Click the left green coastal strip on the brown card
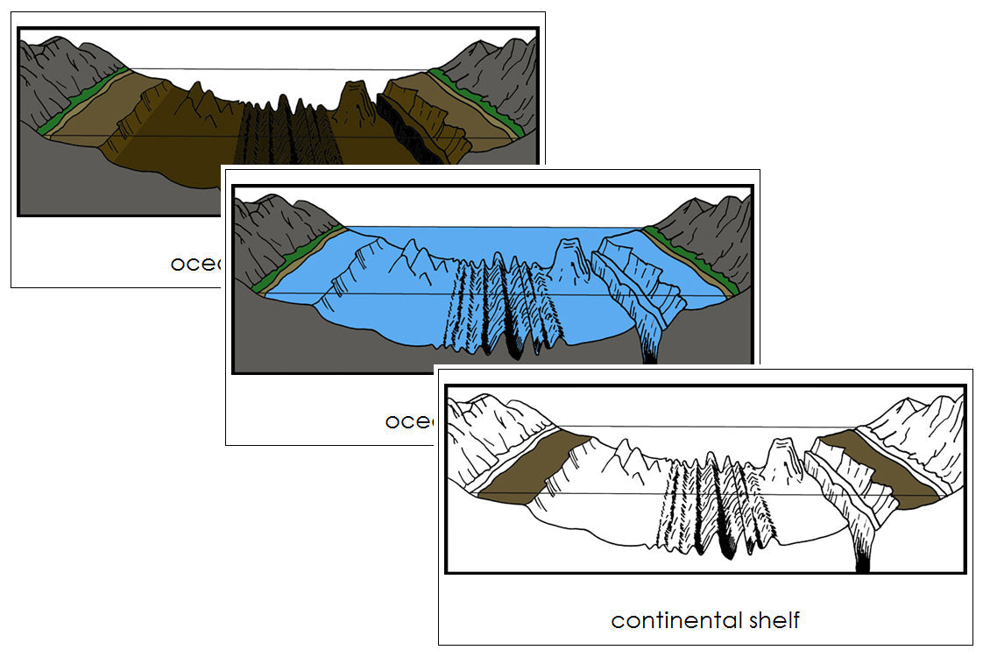pyautogui.click(x=83, y=100)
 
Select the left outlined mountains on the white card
pyautogui.click(x=491, y=429)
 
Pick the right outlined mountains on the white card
pyautogui.click(x=920, y=429)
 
